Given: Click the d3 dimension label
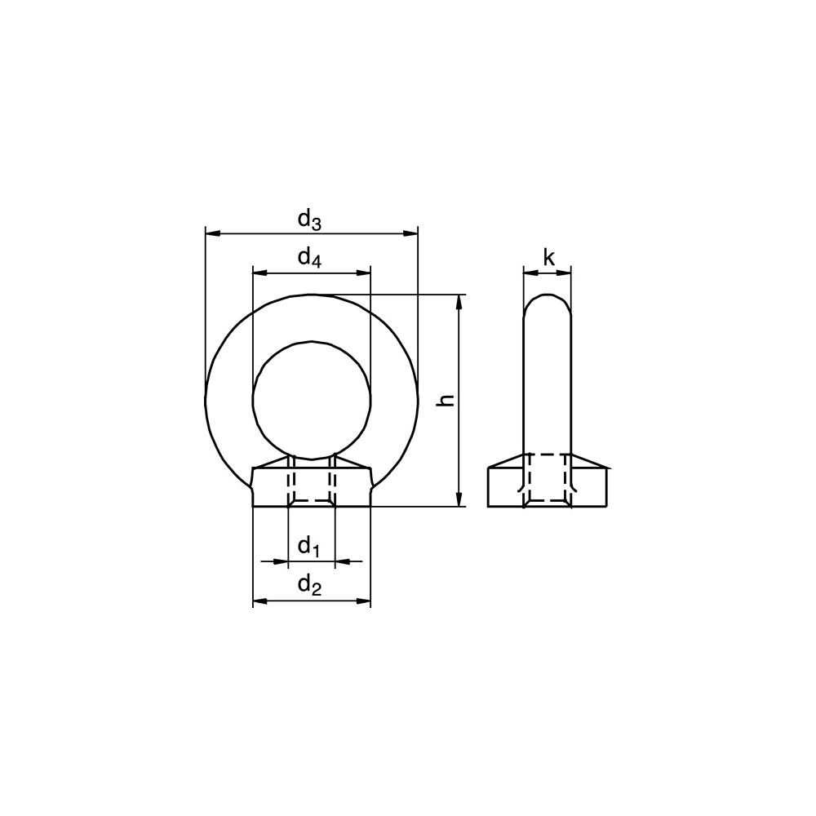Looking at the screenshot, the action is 309,220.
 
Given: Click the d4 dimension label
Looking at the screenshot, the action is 309,258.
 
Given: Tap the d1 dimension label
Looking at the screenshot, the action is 308,547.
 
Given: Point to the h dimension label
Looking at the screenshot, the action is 447,400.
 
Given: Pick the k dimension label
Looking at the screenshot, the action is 549,257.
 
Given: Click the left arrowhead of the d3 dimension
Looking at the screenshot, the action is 212,234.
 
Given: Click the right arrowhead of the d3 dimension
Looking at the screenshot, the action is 410,234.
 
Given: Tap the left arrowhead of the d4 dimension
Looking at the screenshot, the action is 259,273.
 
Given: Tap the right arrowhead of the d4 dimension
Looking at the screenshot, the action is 363,273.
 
